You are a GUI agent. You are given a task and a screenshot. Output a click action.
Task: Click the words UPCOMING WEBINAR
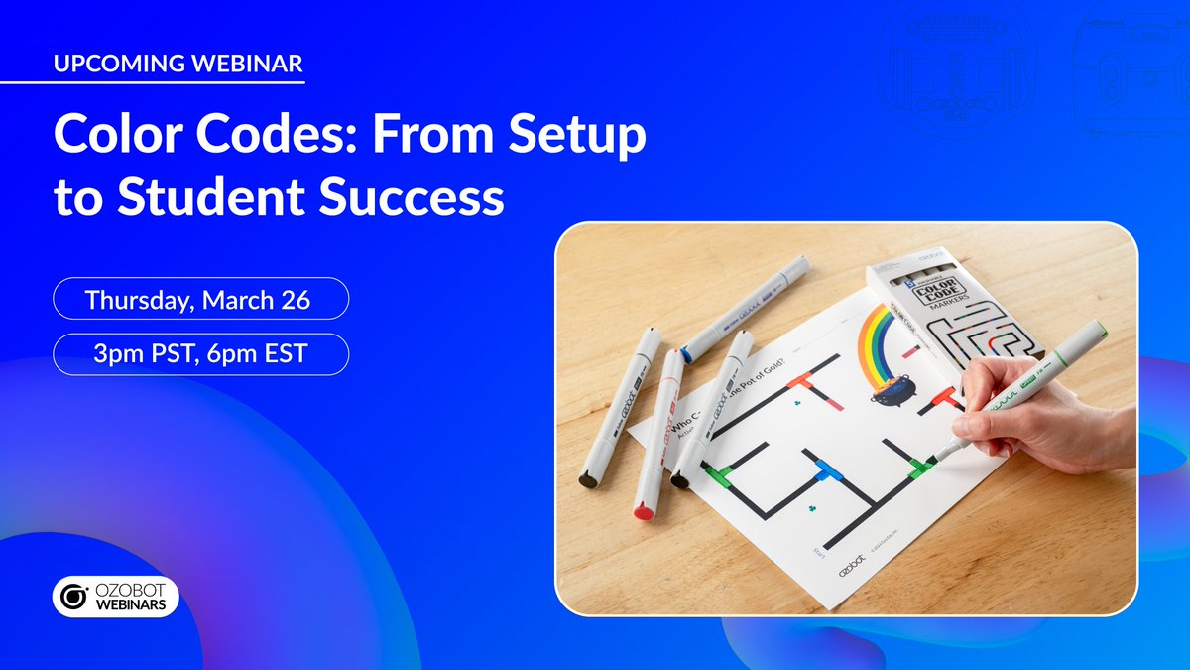(x=178, y=65)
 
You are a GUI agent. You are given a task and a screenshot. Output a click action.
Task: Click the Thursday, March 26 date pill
(x=200, y=298)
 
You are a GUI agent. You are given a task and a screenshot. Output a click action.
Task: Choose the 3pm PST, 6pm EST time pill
(x=200, y=354)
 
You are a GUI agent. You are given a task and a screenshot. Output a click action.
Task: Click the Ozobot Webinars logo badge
(x=116, y=596)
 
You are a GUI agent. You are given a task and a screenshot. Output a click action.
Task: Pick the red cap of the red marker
(x=643, y=510)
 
